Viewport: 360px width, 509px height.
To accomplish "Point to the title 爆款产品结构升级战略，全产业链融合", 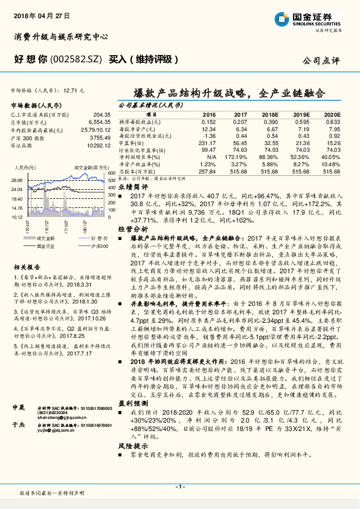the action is (x=230, y=94).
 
